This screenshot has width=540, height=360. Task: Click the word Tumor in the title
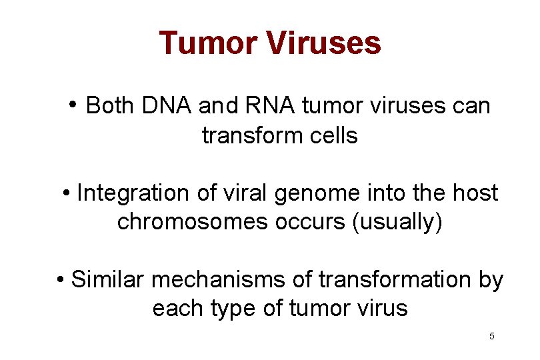[x=208, y=43]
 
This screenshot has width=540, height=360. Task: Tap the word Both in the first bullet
[x=109, y=105]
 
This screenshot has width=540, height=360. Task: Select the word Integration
[x=134, y=193]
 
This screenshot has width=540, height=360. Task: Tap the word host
[x=475, y=193]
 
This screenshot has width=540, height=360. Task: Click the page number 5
[x=492, y=336]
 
